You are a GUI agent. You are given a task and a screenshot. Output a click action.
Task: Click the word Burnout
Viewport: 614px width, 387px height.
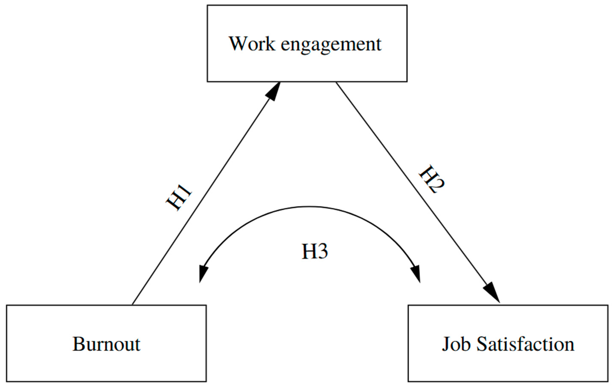click(x=106, y=344)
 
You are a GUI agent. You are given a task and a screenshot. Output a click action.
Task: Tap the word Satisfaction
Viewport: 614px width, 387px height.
click(x=526, y=344)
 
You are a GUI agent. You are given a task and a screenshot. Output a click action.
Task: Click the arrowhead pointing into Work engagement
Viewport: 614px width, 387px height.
click(x=273, y=91)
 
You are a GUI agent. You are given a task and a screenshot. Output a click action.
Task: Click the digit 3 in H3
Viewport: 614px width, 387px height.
click(x=322, y=252)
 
